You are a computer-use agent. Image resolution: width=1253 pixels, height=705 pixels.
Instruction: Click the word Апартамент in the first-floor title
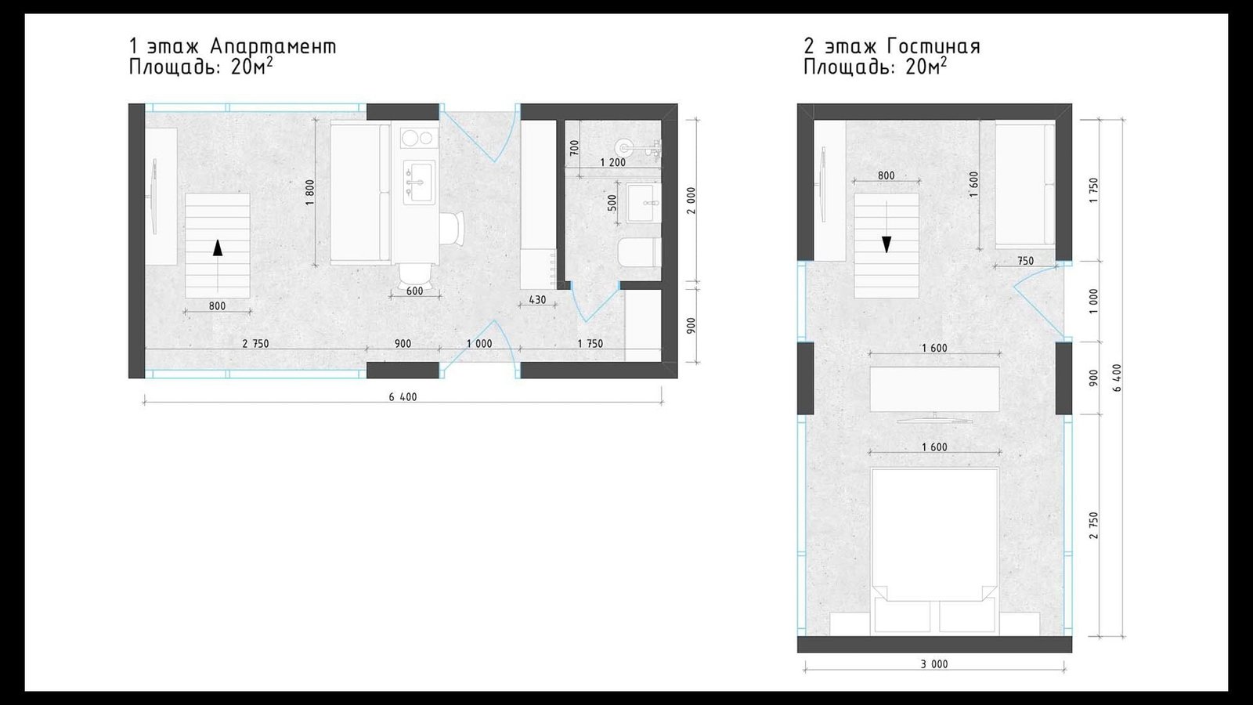pos(274,46)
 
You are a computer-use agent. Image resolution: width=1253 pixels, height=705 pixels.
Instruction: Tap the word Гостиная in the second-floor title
pos(933,46)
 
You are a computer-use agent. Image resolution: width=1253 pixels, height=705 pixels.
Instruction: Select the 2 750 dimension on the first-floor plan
pos(255,344)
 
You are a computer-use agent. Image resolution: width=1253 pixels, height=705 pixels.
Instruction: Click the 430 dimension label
pos(537,300)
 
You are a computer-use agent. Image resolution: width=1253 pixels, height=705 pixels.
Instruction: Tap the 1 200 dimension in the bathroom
pos(612,163)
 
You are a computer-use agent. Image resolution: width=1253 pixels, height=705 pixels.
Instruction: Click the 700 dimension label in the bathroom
pos(574,148)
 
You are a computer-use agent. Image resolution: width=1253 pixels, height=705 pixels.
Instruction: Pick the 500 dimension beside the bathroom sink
pos(612,203)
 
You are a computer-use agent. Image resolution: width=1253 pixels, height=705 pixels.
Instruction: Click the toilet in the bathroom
pos(641,253)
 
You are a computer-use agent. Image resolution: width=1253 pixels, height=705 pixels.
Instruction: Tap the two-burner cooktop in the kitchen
pos(419,137)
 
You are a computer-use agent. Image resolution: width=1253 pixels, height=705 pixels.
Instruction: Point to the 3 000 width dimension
pos(934,664)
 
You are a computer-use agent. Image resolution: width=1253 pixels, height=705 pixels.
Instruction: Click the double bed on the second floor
pos(935,551)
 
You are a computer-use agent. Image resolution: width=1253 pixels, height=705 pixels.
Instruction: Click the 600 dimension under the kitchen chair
pos(414,291)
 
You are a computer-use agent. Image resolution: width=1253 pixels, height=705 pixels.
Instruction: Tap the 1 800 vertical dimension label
pos(310,192)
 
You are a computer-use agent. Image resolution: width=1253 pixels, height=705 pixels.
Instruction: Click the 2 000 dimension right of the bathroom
pos(691,201)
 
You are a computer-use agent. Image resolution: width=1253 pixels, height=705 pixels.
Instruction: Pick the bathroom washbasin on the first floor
pos(643,203)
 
